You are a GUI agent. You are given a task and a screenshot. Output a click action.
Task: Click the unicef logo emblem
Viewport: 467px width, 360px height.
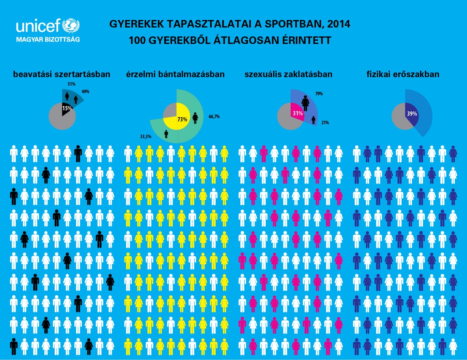71,26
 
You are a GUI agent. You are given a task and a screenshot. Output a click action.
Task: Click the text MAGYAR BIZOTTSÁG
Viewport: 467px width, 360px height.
48,39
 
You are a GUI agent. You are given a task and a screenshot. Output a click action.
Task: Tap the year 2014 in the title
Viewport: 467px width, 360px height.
338,24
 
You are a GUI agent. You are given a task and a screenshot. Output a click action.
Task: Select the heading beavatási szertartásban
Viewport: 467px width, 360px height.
62,74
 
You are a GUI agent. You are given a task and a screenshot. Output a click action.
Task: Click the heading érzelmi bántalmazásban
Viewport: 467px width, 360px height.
175,74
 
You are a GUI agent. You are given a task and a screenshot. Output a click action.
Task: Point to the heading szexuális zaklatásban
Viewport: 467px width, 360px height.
288,74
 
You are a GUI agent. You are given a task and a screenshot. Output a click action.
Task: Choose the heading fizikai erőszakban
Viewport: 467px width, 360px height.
403,74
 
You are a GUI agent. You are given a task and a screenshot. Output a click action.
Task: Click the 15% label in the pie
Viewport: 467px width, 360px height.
67,108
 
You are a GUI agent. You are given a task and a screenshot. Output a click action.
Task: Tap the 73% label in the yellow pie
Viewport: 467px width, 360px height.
182,119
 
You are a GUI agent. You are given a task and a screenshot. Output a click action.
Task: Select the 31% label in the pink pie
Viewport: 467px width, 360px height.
298,114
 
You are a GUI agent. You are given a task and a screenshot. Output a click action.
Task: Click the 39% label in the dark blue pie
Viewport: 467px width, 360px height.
412,114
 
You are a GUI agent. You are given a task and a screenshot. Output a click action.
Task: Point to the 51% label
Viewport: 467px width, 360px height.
71,84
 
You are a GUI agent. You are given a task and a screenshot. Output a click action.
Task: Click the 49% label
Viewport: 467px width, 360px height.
85,92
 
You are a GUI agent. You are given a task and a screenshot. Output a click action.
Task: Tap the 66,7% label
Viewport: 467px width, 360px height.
214,116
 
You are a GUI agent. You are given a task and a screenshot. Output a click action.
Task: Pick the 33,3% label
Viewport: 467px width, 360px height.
145,136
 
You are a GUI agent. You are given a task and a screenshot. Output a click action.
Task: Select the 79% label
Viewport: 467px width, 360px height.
319,94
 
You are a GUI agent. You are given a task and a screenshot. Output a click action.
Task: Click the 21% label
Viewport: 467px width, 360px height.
325,122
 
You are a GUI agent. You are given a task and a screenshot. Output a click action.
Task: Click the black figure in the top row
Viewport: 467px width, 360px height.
78,154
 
